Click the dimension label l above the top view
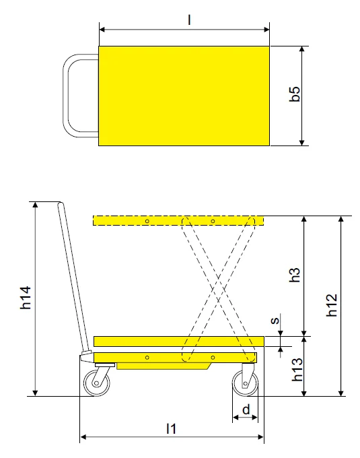coord(189,20)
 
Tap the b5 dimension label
coord(295,94)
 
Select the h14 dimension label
coord(26,298)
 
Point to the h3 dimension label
coord(295,275)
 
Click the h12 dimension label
coord(332,305)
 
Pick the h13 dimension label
coord(297,370)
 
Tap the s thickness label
coord(275,321)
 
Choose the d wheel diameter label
coord(246,410)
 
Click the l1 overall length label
coord(171,428)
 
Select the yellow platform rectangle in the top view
coord(184,96)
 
